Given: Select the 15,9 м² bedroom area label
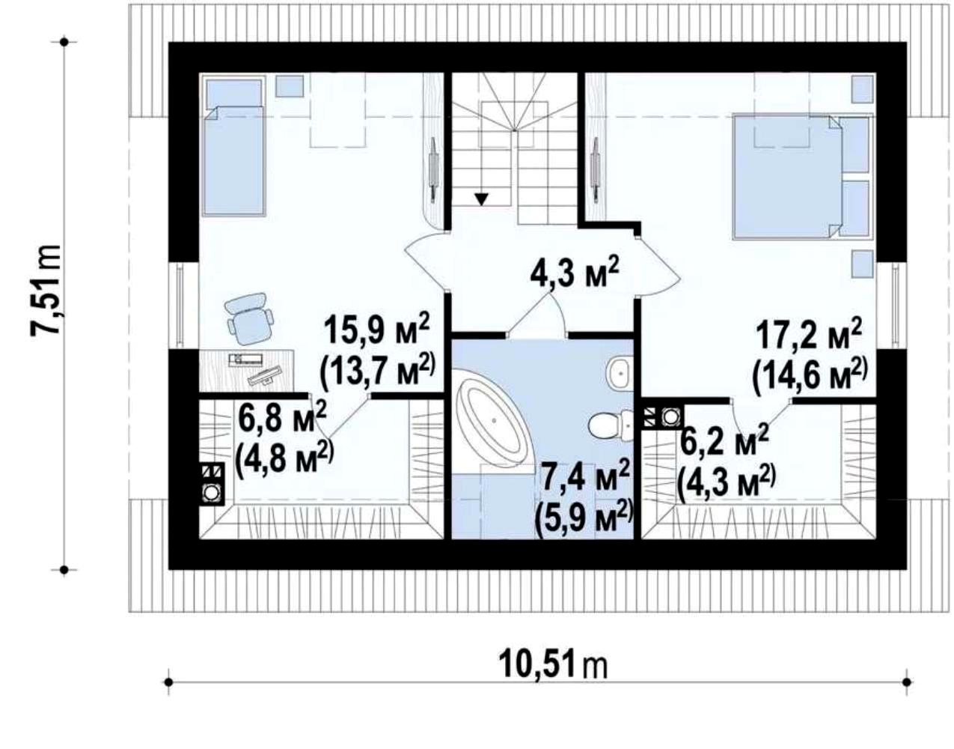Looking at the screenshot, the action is pyautogui.click(x=376, y=333).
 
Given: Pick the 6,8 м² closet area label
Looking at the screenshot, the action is pyautogui.click(x=282, y=416).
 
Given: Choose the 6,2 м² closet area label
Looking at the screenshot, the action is pyautogui.click(x=724, y=440).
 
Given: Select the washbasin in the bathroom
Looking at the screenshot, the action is pyautogui.click(x=619, y=374).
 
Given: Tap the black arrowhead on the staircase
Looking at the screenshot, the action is pyautogui.click(x=482, y=200).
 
